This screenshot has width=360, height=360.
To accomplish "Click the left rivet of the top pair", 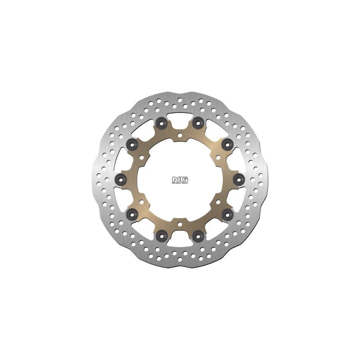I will click(162, 121).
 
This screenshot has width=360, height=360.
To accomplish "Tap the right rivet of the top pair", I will click(198, 121).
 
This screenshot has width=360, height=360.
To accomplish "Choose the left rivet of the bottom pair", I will click(162, 234).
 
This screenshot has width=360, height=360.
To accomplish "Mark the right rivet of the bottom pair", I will click(198, 234).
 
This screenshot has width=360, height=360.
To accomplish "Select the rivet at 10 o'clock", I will click(132, 144).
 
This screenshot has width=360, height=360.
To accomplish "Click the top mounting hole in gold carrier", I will click(180, 134).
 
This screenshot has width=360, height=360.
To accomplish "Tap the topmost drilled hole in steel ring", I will click(180, 95).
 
